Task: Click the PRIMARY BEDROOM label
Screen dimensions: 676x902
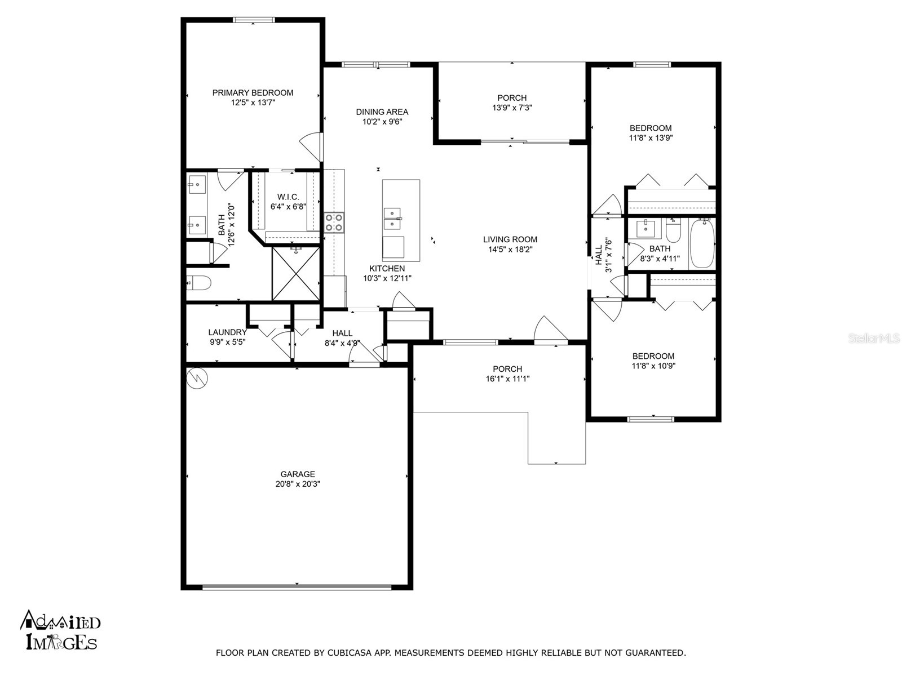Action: [253, 93]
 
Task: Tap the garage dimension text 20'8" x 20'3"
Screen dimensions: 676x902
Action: [298, 484]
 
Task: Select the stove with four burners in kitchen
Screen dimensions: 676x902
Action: [334, 222]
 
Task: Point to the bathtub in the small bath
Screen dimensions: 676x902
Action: [702, 244]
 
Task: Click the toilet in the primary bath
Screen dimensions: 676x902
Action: [198, 282]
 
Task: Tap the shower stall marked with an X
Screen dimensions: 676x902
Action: [295, 274]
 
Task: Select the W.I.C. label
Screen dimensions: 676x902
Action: [288, 197]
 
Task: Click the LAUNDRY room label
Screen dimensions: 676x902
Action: [227, 332]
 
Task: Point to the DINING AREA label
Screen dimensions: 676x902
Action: [382, 112]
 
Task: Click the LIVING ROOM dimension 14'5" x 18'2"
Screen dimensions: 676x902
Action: [510, 249]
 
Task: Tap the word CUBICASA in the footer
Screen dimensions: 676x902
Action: [354, 653]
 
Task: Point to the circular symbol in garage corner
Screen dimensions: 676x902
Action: [198, 377]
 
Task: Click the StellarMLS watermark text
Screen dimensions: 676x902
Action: [874, 339]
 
